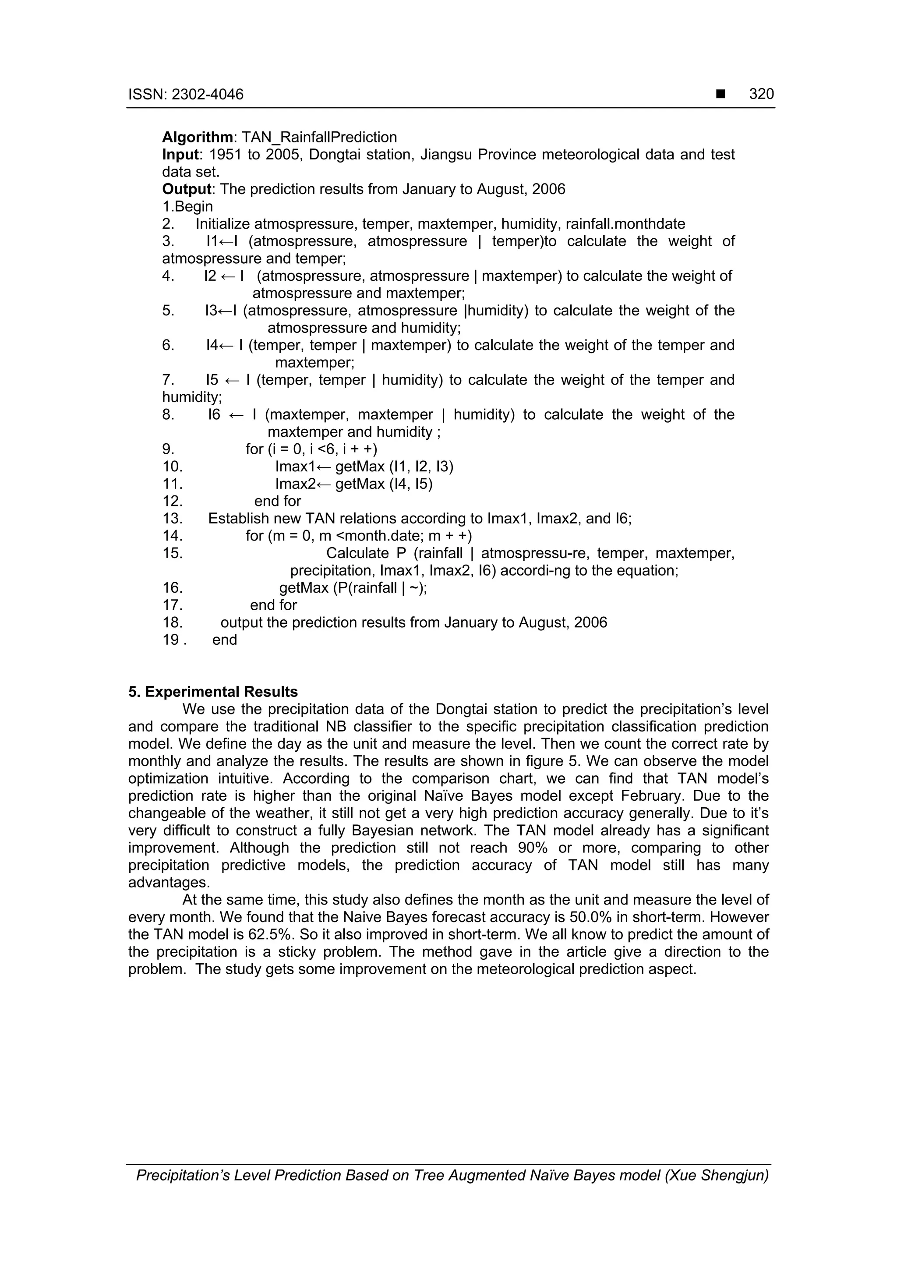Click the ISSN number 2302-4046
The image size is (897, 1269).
(x=207, y=95)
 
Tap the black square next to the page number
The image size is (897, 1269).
(x=720, y=95)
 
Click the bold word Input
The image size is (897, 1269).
(x=180, y=154)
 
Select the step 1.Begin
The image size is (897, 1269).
(x=187, y=207)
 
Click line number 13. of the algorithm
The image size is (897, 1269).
(x=173, y=519)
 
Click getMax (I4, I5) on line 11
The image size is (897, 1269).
(x=384, y=484)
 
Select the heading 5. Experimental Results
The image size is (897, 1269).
(x=213, y=692)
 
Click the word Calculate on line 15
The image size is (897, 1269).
(x=357, y=553)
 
